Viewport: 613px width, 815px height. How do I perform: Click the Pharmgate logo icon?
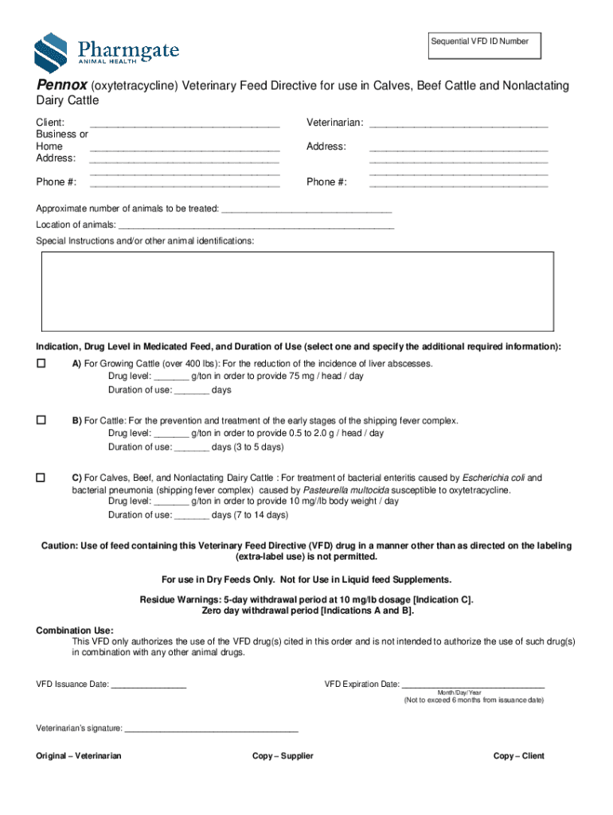(50, 53)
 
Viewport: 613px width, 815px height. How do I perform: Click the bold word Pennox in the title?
(61, 86)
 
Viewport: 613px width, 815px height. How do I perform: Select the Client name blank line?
(185, 126)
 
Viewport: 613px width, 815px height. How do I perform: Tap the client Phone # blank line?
(185, 185)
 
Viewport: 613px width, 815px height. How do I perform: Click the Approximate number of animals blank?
(306, 211)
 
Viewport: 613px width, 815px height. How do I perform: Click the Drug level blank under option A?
(171, 378)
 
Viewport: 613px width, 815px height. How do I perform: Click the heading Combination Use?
(75, 630)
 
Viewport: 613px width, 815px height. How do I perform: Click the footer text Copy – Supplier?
(283, 756)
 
